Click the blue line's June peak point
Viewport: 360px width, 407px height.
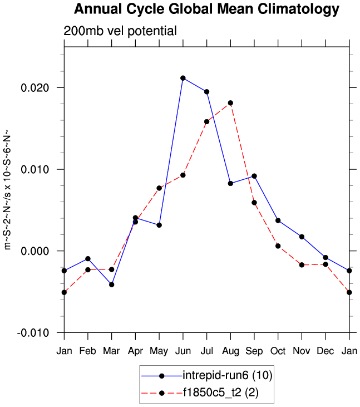183,78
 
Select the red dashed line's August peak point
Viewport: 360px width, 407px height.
230,103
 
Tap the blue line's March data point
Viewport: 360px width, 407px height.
112,285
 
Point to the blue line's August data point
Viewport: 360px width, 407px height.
230,183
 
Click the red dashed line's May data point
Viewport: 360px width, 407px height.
159,188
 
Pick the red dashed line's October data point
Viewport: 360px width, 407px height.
278,246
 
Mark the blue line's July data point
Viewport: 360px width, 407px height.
206,92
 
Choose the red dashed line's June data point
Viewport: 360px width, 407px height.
183,175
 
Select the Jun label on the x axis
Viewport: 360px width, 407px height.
183,351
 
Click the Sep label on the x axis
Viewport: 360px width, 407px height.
254,351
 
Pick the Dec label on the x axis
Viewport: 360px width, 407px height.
325,351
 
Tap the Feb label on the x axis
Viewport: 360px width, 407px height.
88,351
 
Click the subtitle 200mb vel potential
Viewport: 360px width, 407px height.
120,31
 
